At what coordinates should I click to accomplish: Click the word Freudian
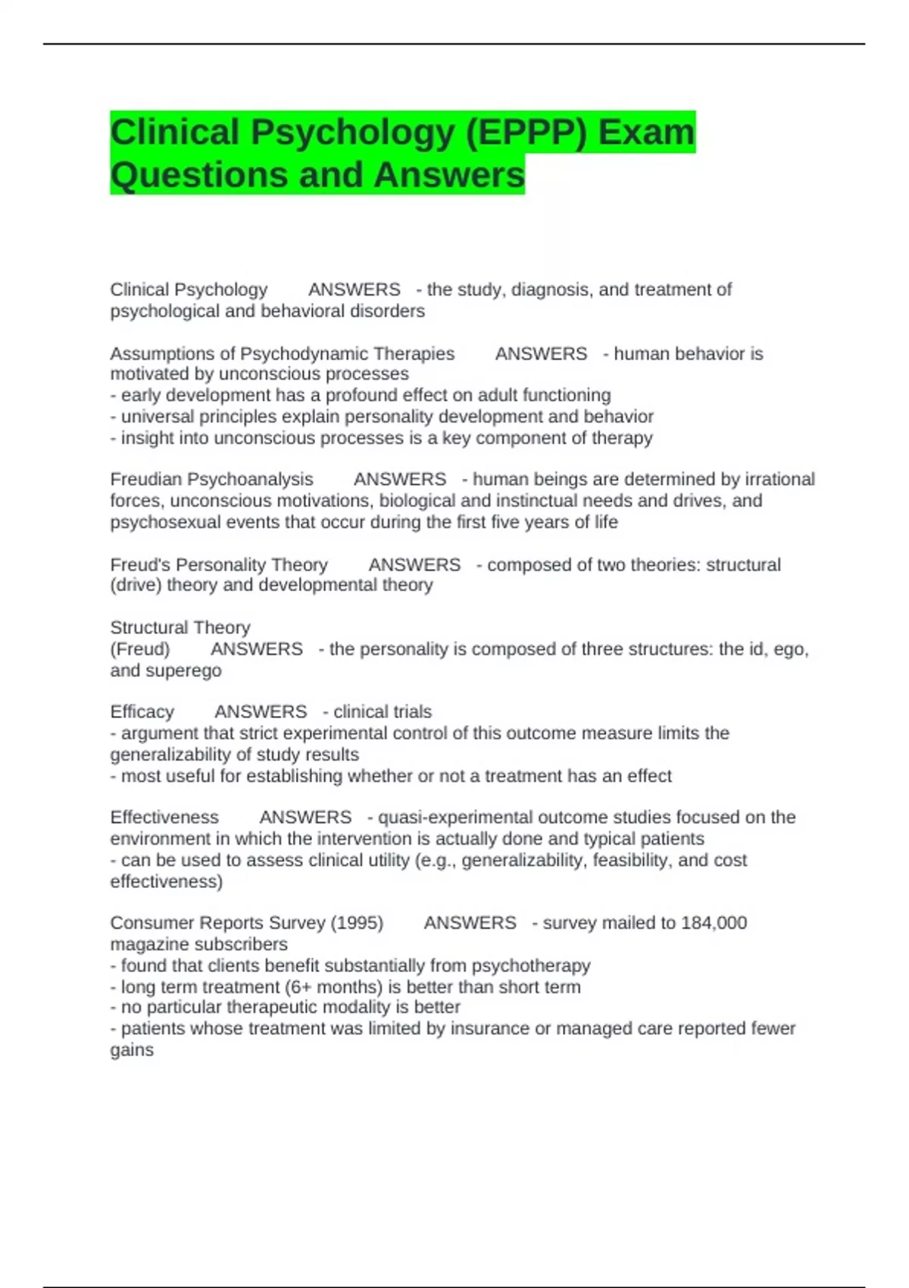146,480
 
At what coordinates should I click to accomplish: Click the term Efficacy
142,712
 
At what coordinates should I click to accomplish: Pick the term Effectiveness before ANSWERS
164,818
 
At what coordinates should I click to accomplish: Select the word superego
183,671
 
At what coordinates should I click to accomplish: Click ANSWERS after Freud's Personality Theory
414,565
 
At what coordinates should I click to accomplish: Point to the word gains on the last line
132,1050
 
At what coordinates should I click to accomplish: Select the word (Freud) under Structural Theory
140,649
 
